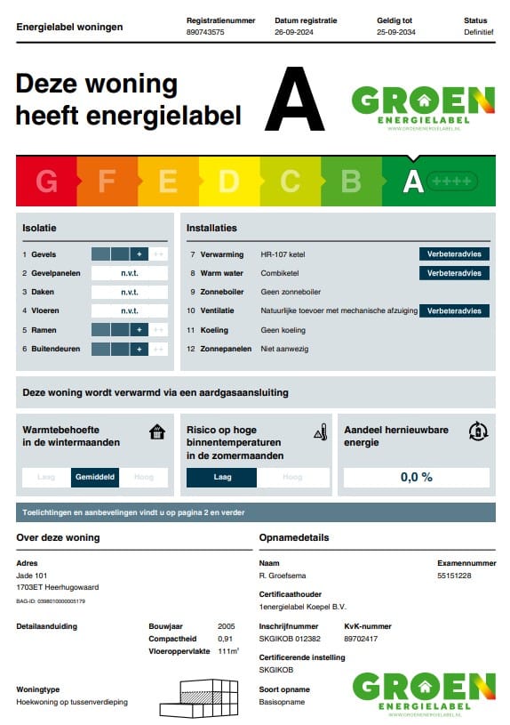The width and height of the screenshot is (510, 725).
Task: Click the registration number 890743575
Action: (x=205, y=32)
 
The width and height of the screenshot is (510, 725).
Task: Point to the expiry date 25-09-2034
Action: (x=395, y=32)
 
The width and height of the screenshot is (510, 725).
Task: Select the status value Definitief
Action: (x=478, y=32)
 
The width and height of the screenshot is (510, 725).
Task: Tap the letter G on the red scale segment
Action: (x=46, y=181)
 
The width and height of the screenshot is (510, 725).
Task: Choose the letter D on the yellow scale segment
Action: (x=229, y=181)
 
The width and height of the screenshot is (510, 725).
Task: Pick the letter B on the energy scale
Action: (x=351, y=181)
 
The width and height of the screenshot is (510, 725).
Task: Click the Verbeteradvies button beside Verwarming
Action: (x=454, y=254)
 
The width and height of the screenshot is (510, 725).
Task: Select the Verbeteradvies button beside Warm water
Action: (x=454, y=273)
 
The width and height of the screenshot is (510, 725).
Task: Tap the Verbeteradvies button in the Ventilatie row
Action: (x=454, y=310)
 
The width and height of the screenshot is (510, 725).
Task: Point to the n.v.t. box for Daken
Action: (x=130, y=292)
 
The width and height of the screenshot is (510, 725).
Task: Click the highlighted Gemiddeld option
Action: (x=95, y=477)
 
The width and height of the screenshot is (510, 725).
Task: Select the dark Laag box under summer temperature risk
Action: (x=221, y=477)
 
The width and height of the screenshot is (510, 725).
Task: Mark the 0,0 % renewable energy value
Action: (x=416, y=477)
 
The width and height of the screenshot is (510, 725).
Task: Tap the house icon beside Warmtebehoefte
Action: (x=157, y=432)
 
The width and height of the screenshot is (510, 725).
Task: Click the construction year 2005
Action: (x=227, y=626)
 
